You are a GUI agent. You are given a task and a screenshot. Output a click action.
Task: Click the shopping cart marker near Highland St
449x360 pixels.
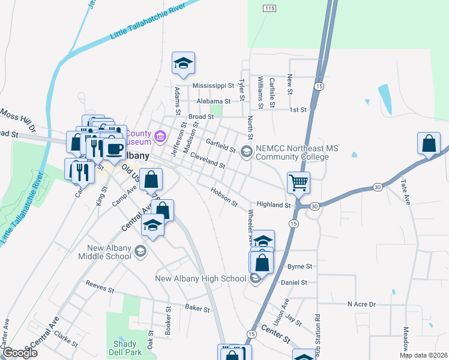pyautogui.click(x=298, y=182)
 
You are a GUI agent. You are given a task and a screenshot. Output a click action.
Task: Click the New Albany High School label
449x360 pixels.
pyautogui.click(x=200, y=278)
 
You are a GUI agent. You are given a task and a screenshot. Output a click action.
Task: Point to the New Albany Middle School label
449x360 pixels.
pyautogui.click(x=104, y=252)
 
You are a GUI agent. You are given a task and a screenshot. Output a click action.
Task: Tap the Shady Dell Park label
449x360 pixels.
pyautogui.click(x=125, y=347)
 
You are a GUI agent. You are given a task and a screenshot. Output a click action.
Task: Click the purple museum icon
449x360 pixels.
pyautogui.click(x=160, y=137)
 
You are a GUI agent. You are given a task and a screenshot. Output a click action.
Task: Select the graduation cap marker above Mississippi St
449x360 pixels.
pyautogui.click(x=183, y=62)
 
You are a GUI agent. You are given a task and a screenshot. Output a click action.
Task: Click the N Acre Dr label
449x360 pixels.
pyautogui.click(x=361, y=304)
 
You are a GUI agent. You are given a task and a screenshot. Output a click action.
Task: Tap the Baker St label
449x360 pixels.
pyautogui.click(x=197, y=309)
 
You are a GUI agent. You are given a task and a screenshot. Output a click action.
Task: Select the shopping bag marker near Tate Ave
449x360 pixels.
pyautogui.click(x=429, y=144)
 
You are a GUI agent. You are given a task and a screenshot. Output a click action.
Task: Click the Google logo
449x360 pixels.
pyautogui.click(x=20, y=353)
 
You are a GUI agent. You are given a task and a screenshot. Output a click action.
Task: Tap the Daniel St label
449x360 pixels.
pyautogui.click(x=294, y=282)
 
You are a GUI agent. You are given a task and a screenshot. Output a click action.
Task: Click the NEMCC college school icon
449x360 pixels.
pyautogui.click(x=246, y=152)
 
